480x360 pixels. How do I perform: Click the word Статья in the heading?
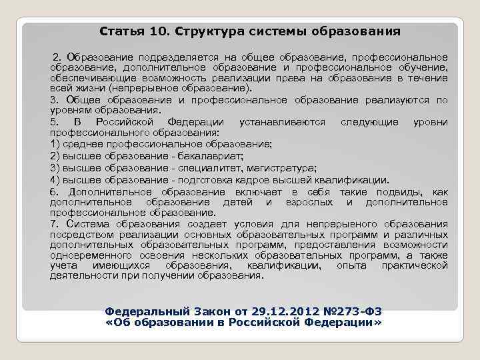(118, 31)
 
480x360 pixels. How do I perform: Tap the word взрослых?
(313, 201)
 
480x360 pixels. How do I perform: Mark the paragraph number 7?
(53, 224)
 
